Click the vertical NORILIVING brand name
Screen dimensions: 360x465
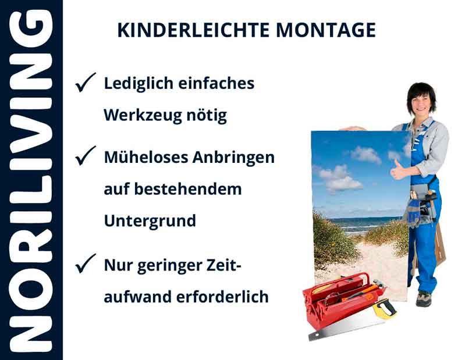[x=30, y=180]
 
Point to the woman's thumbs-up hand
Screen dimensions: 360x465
[x=400, y=170]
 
